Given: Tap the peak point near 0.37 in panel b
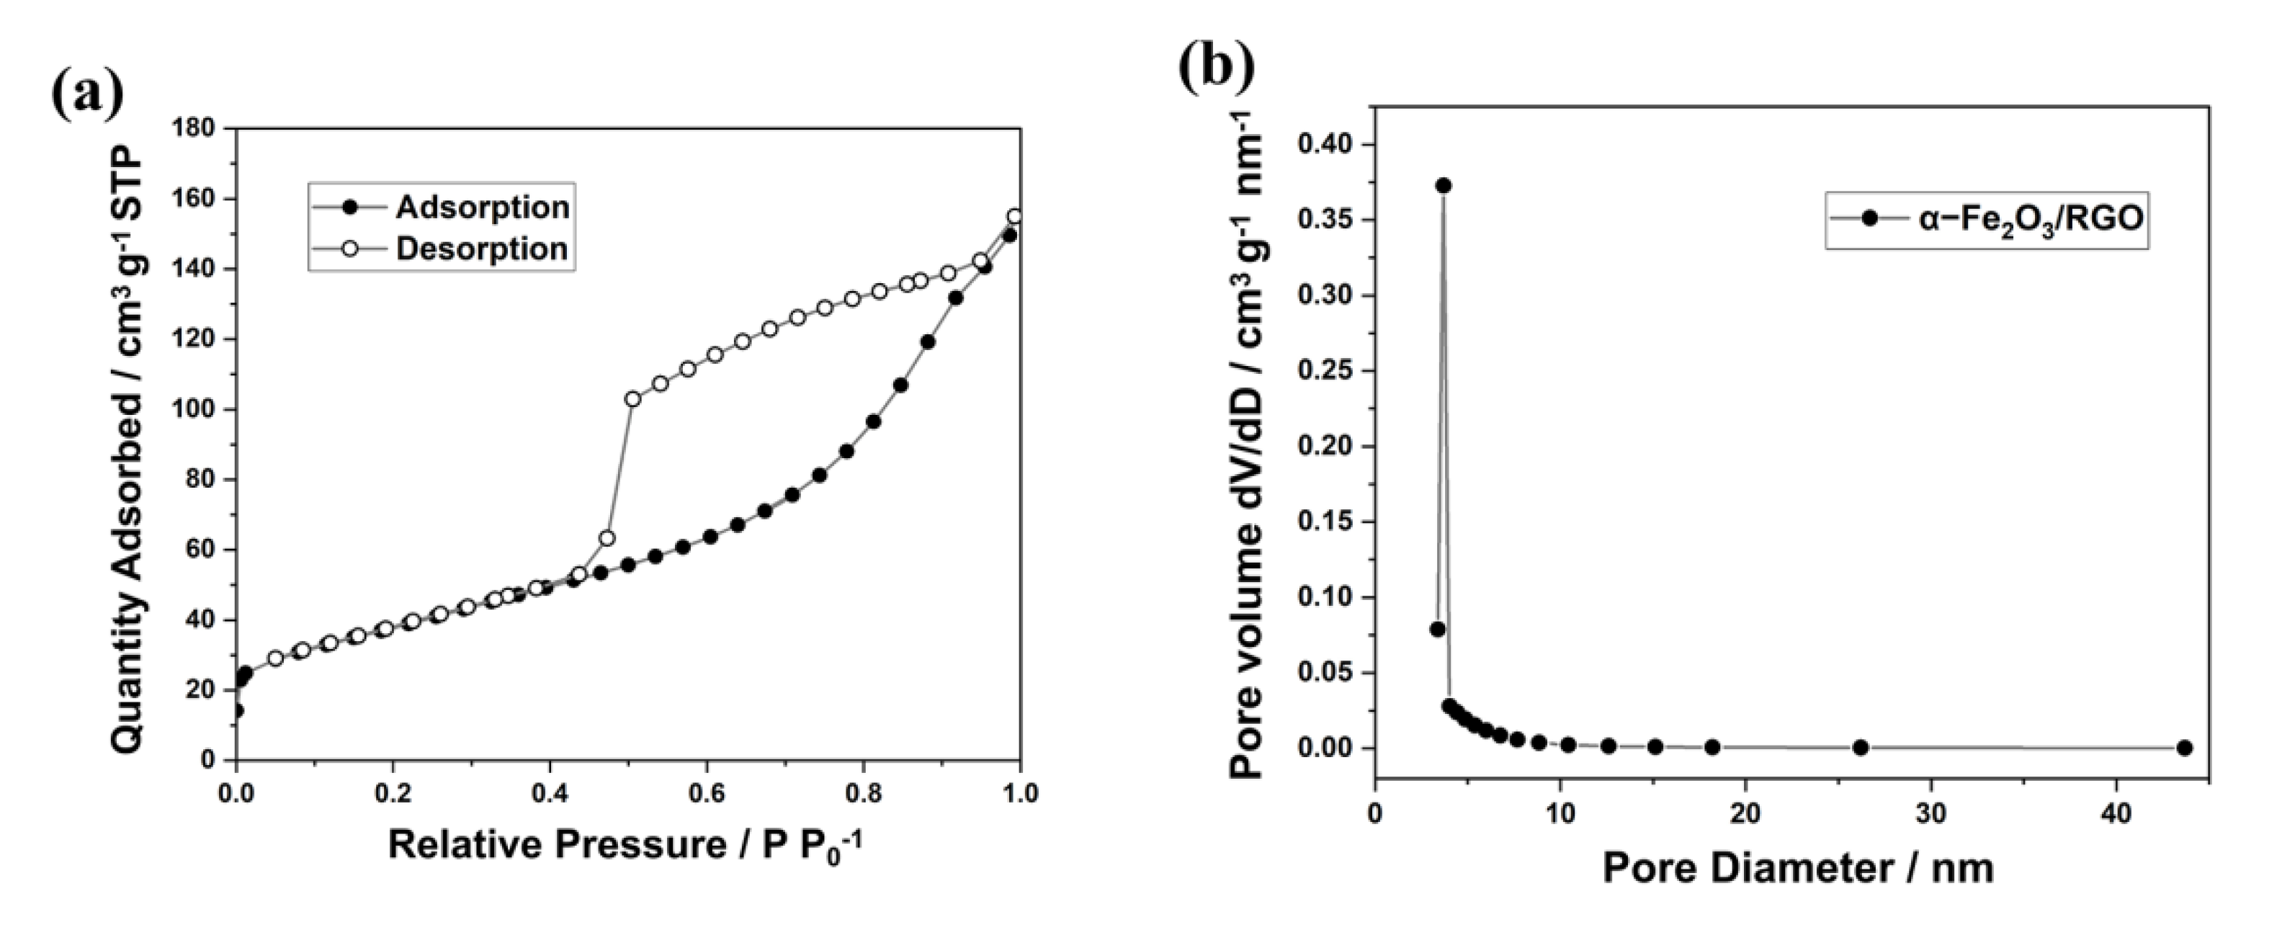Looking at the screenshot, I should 1443,185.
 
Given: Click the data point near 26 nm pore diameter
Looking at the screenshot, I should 1861,748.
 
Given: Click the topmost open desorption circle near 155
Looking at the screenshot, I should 1015,216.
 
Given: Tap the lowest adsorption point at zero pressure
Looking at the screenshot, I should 236,710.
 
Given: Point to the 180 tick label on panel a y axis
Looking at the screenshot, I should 192,128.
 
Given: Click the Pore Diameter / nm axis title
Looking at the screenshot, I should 1799,869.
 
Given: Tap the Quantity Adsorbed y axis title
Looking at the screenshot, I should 130,441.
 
